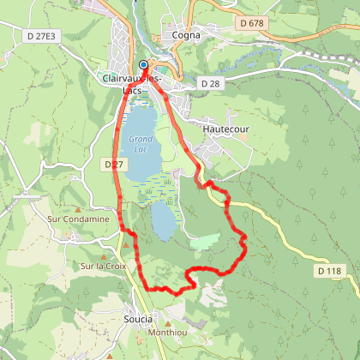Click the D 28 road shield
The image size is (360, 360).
[210, 83]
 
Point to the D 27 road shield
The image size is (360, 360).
[112, 163]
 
